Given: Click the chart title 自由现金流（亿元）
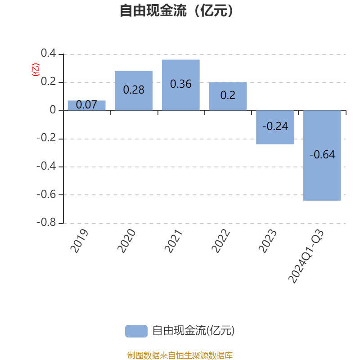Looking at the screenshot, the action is (176, 10).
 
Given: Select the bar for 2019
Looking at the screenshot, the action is (86, 105).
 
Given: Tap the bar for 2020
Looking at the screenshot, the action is (134, 91).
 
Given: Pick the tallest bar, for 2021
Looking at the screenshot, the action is (181, 85).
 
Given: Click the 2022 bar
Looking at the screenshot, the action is (228, 96).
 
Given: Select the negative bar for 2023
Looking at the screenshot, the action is (275, 127).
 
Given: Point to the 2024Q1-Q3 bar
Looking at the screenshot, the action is (322, 155).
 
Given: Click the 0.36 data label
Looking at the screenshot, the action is (181, 84).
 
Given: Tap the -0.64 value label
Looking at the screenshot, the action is (322, 154).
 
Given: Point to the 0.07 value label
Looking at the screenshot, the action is (86, 105).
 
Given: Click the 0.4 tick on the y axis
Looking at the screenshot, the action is (49, 53).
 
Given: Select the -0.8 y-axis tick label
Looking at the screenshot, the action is (46, 222).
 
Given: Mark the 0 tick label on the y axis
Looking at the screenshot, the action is (53, 110).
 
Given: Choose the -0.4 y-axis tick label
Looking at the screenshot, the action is (46, 166).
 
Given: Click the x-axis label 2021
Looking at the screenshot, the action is (174, 241).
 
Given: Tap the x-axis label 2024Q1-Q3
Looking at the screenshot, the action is (306, 256).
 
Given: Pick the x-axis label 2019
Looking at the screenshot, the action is (79, 241).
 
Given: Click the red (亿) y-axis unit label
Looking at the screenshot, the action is (36, 70).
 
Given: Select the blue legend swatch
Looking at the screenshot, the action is (136, 331).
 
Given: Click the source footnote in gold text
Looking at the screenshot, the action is (180, 355).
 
